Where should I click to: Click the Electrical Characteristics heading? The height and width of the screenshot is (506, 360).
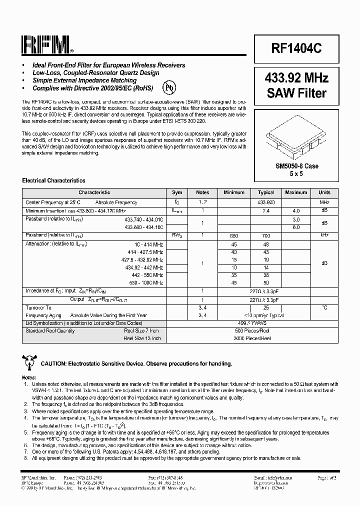coord(53,180)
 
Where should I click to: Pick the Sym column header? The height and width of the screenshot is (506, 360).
coord(177,192)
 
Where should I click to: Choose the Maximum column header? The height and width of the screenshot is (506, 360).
coord(296,192)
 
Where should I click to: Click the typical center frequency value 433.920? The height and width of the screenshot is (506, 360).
coord(266,203)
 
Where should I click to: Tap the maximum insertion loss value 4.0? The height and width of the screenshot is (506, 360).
coord(296,211)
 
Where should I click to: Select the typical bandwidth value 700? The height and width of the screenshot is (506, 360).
coord(266,235)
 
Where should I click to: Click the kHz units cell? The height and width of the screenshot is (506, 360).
coord(324,235)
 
